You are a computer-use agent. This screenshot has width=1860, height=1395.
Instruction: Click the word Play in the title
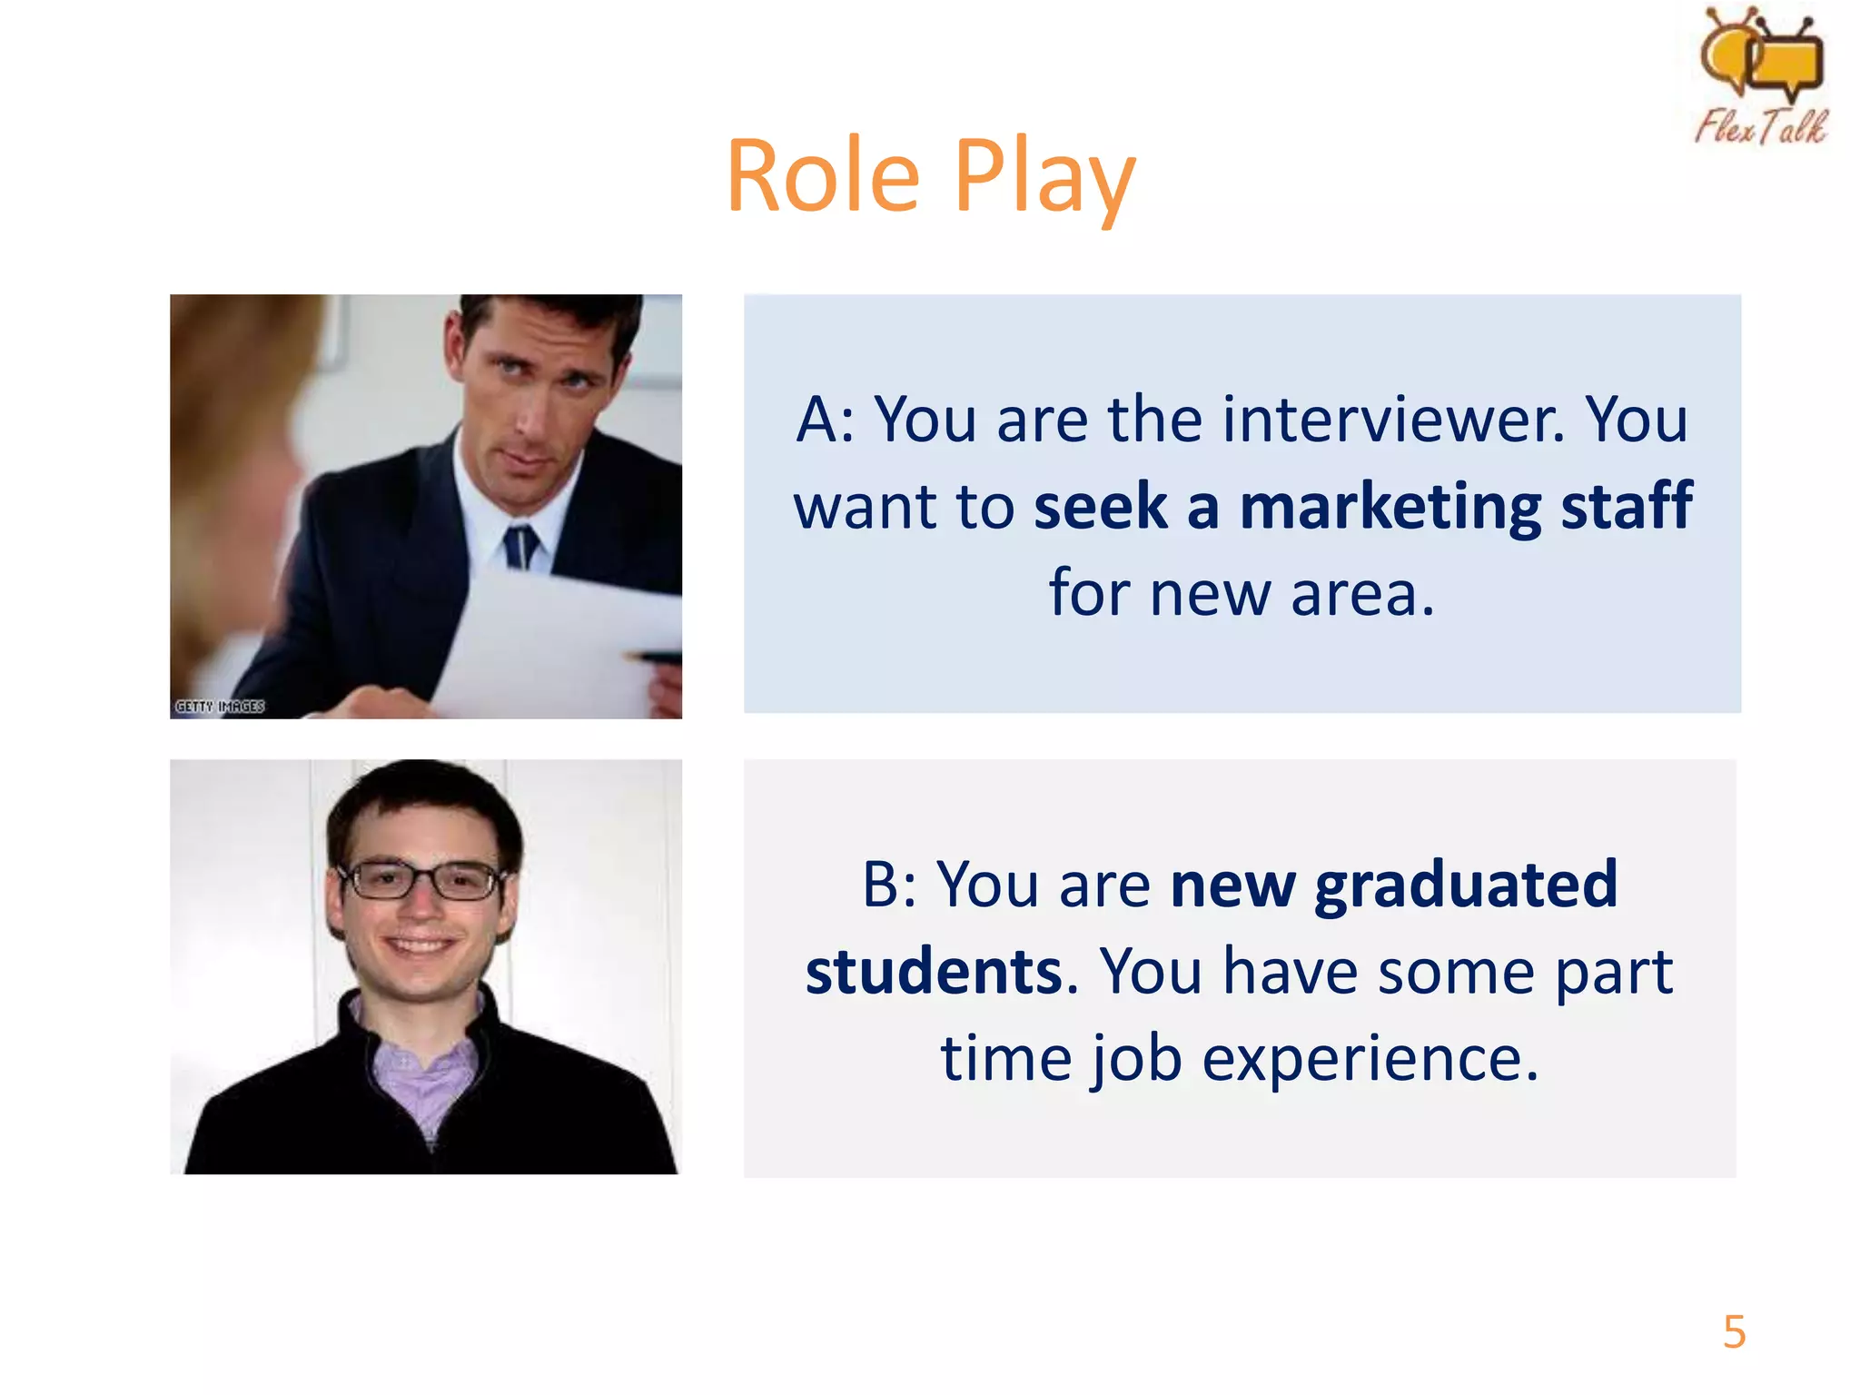(x=1044, y=176)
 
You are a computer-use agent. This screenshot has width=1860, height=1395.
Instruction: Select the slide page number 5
(x=1734, y=1332)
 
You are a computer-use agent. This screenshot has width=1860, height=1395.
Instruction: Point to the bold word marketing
(x=1390, y=507)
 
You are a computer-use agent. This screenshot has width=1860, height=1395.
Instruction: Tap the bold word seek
(x=1100, y=507)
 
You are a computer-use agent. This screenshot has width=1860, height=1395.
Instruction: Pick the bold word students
(x=934, y=972)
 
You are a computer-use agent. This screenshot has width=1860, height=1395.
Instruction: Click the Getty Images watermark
(x=220, y=707)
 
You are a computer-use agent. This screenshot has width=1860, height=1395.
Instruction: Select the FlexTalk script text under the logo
(x=1760, y=126)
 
